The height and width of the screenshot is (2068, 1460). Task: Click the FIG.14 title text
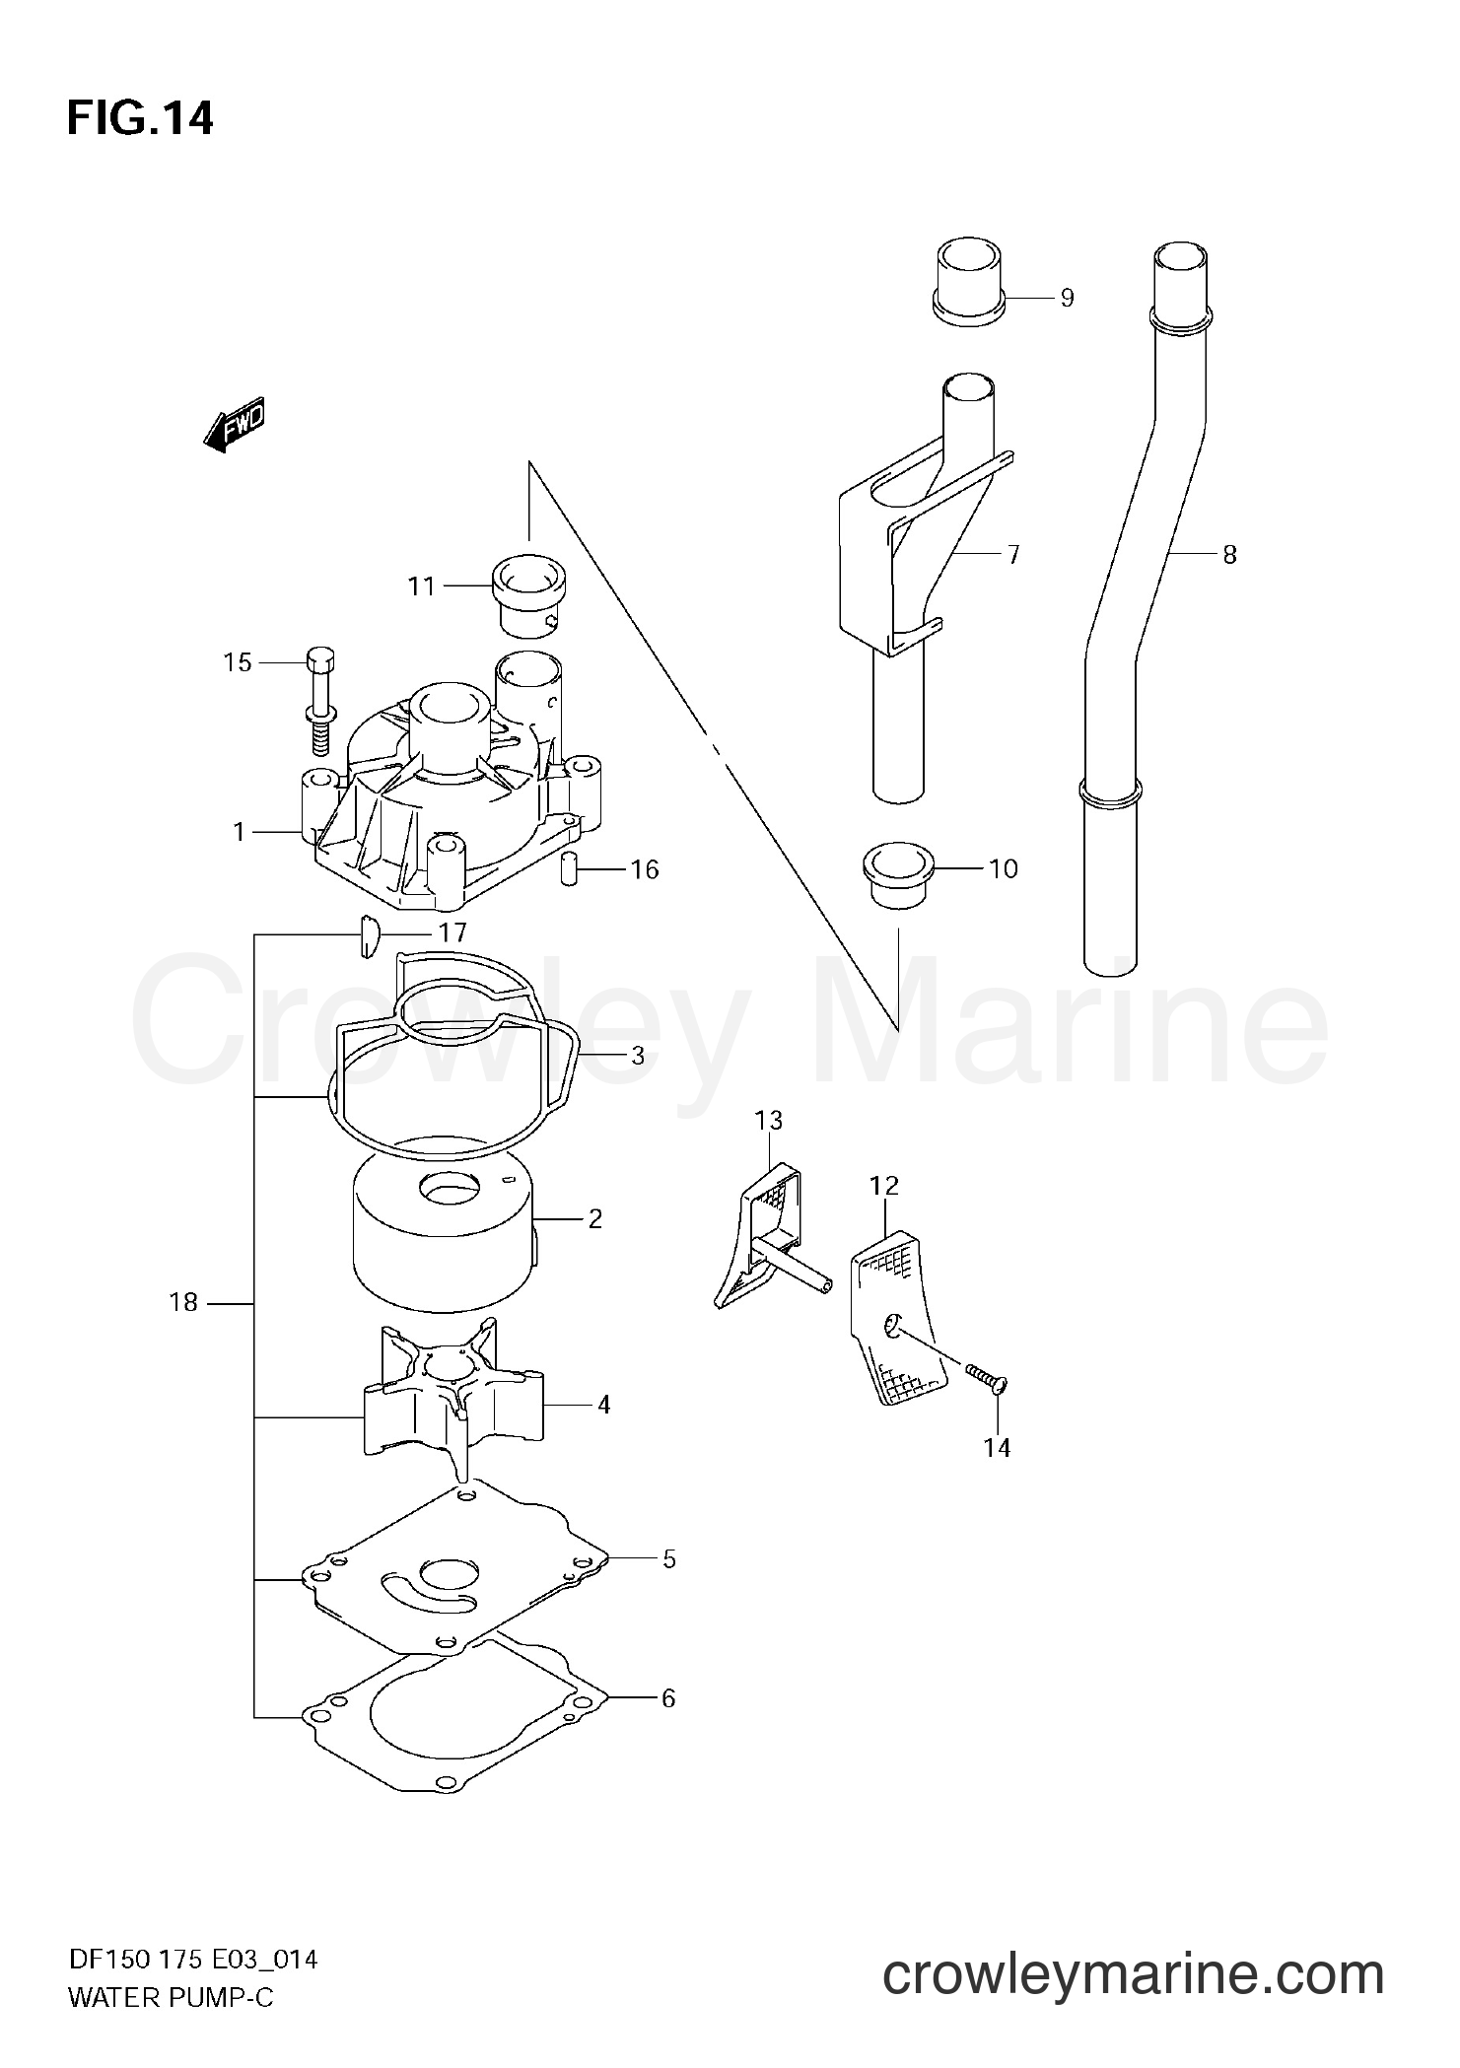(x=139, y=119)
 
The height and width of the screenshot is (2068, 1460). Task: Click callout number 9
(x=1066, y=298)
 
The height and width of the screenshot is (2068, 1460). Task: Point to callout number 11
(x=421, y=586)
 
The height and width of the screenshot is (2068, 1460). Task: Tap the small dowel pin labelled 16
(x=569, y=868)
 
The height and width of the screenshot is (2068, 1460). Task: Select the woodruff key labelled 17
(x=368, y=935)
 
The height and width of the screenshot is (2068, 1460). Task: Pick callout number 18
(x=183, y=1303)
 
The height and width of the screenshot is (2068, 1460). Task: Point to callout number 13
(x=769, y=1120)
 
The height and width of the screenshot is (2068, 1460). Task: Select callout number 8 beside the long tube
(x=1228, y=555)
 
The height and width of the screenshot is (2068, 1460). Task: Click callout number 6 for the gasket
(x=668, y=1698)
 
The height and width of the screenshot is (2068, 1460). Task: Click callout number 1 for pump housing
(x=239, y=833)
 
